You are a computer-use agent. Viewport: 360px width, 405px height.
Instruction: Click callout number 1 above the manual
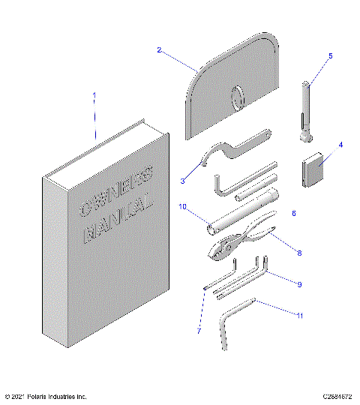[x=94, y=95]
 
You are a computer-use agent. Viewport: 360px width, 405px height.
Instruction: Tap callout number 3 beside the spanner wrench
[x=182, y=180]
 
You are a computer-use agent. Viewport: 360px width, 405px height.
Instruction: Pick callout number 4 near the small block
[x=340, y=145]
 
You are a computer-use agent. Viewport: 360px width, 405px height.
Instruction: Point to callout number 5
[x=330, y=55]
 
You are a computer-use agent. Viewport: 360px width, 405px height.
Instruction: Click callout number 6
[x=293, y=214]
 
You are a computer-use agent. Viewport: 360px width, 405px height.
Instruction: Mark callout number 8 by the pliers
[x=299, y=253]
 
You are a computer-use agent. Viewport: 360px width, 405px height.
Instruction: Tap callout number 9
[x=299, y=284]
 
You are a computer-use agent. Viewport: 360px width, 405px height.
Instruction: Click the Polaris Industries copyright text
[x=46, y=396]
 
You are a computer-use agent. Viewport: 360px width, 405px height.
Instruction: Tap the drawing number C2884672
[x=338, y=396]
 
